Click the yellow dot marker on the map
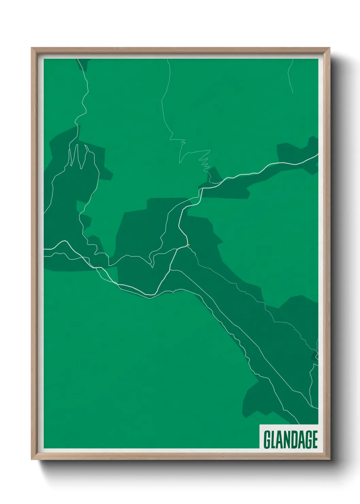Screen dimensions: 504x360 [188, 245]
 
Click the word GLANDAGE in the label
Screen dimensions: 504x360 [290, 439]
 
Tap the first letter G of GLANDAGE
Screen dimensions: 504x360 [267, 440]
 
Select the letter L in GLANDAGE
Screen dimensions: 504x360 [274, 440]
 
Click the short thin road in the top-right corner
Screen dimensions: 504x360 [290, 77]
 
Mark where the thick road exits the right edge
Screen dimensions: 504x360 [317, 155]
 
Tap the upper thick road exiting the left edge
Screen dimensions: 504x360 [46, 249]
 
